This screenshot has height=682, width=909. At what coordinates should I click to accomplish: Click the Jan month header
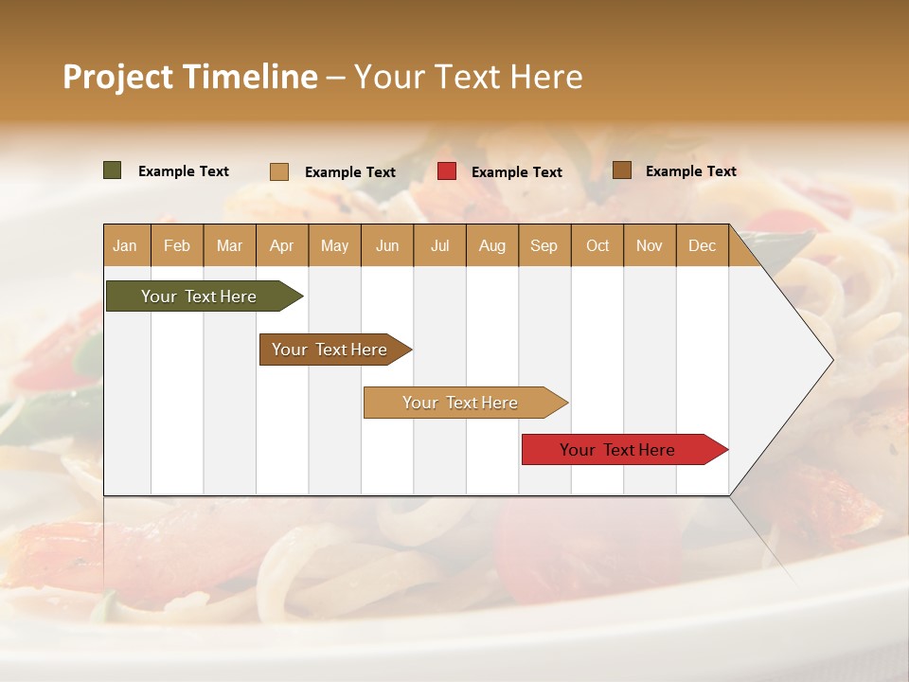(125, 246)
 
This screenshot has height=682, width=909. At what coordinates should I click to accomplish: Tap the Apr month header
(281, 246)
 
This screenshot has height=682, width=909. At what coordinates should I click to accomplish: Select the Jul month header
(439, 246)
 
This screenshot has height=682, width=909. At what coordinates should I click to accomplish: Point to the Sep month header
(544, 246)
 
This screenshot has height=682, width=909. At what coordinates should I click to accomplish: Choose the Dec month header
(702, 246)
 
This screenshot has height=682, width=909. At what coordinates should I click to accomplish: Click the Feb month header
(177, 246)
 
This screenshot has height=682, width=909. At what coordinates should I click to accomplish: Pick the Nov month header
(649, 246)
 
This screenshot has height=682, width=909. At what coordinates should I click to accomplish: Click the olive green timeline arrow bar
(199, 296)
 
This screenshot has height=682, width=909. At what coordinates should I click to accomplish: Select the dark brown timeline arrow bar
(330, 350)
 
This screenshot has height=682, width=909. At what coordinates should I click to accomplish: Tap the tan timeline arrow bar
(460, 403)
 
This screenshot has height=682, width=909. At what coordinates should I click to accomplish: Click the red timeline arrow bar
(617, 450)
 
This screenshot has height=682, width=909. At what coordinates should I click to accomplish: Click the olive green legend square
(112, 170)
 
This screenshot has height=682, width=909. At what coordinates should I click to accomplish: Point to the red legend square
(446, 171)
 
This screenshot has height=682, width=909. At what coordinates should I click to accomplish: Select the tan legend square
(278, 171)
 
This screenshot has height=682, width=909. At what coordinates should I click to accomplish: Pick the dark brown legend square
(621, 170)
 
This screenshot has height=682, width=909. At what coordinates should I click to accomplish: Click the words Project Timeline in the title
(189, 77)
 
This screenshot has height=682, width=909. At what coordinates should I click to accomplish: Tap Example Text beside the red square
(516, 172)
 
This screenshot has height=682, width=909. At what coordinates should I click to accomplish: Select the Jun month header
(386, 246)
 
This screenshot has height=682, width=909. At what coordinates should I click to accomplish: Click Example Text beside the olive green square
(183, 171)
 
